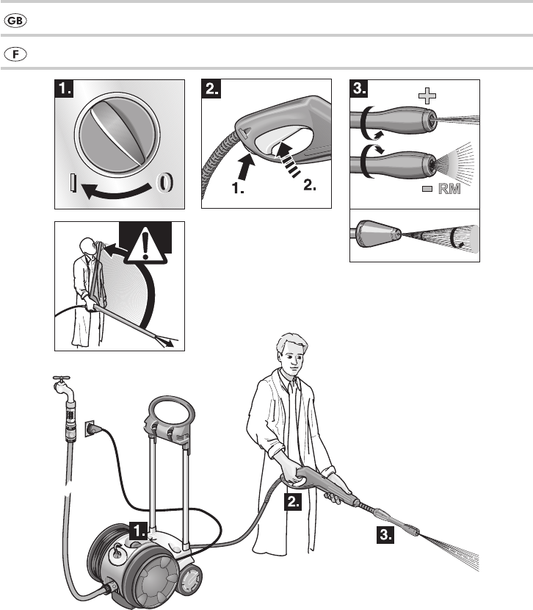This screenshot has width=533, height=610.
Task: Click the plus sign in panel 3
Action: (427, 96)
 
